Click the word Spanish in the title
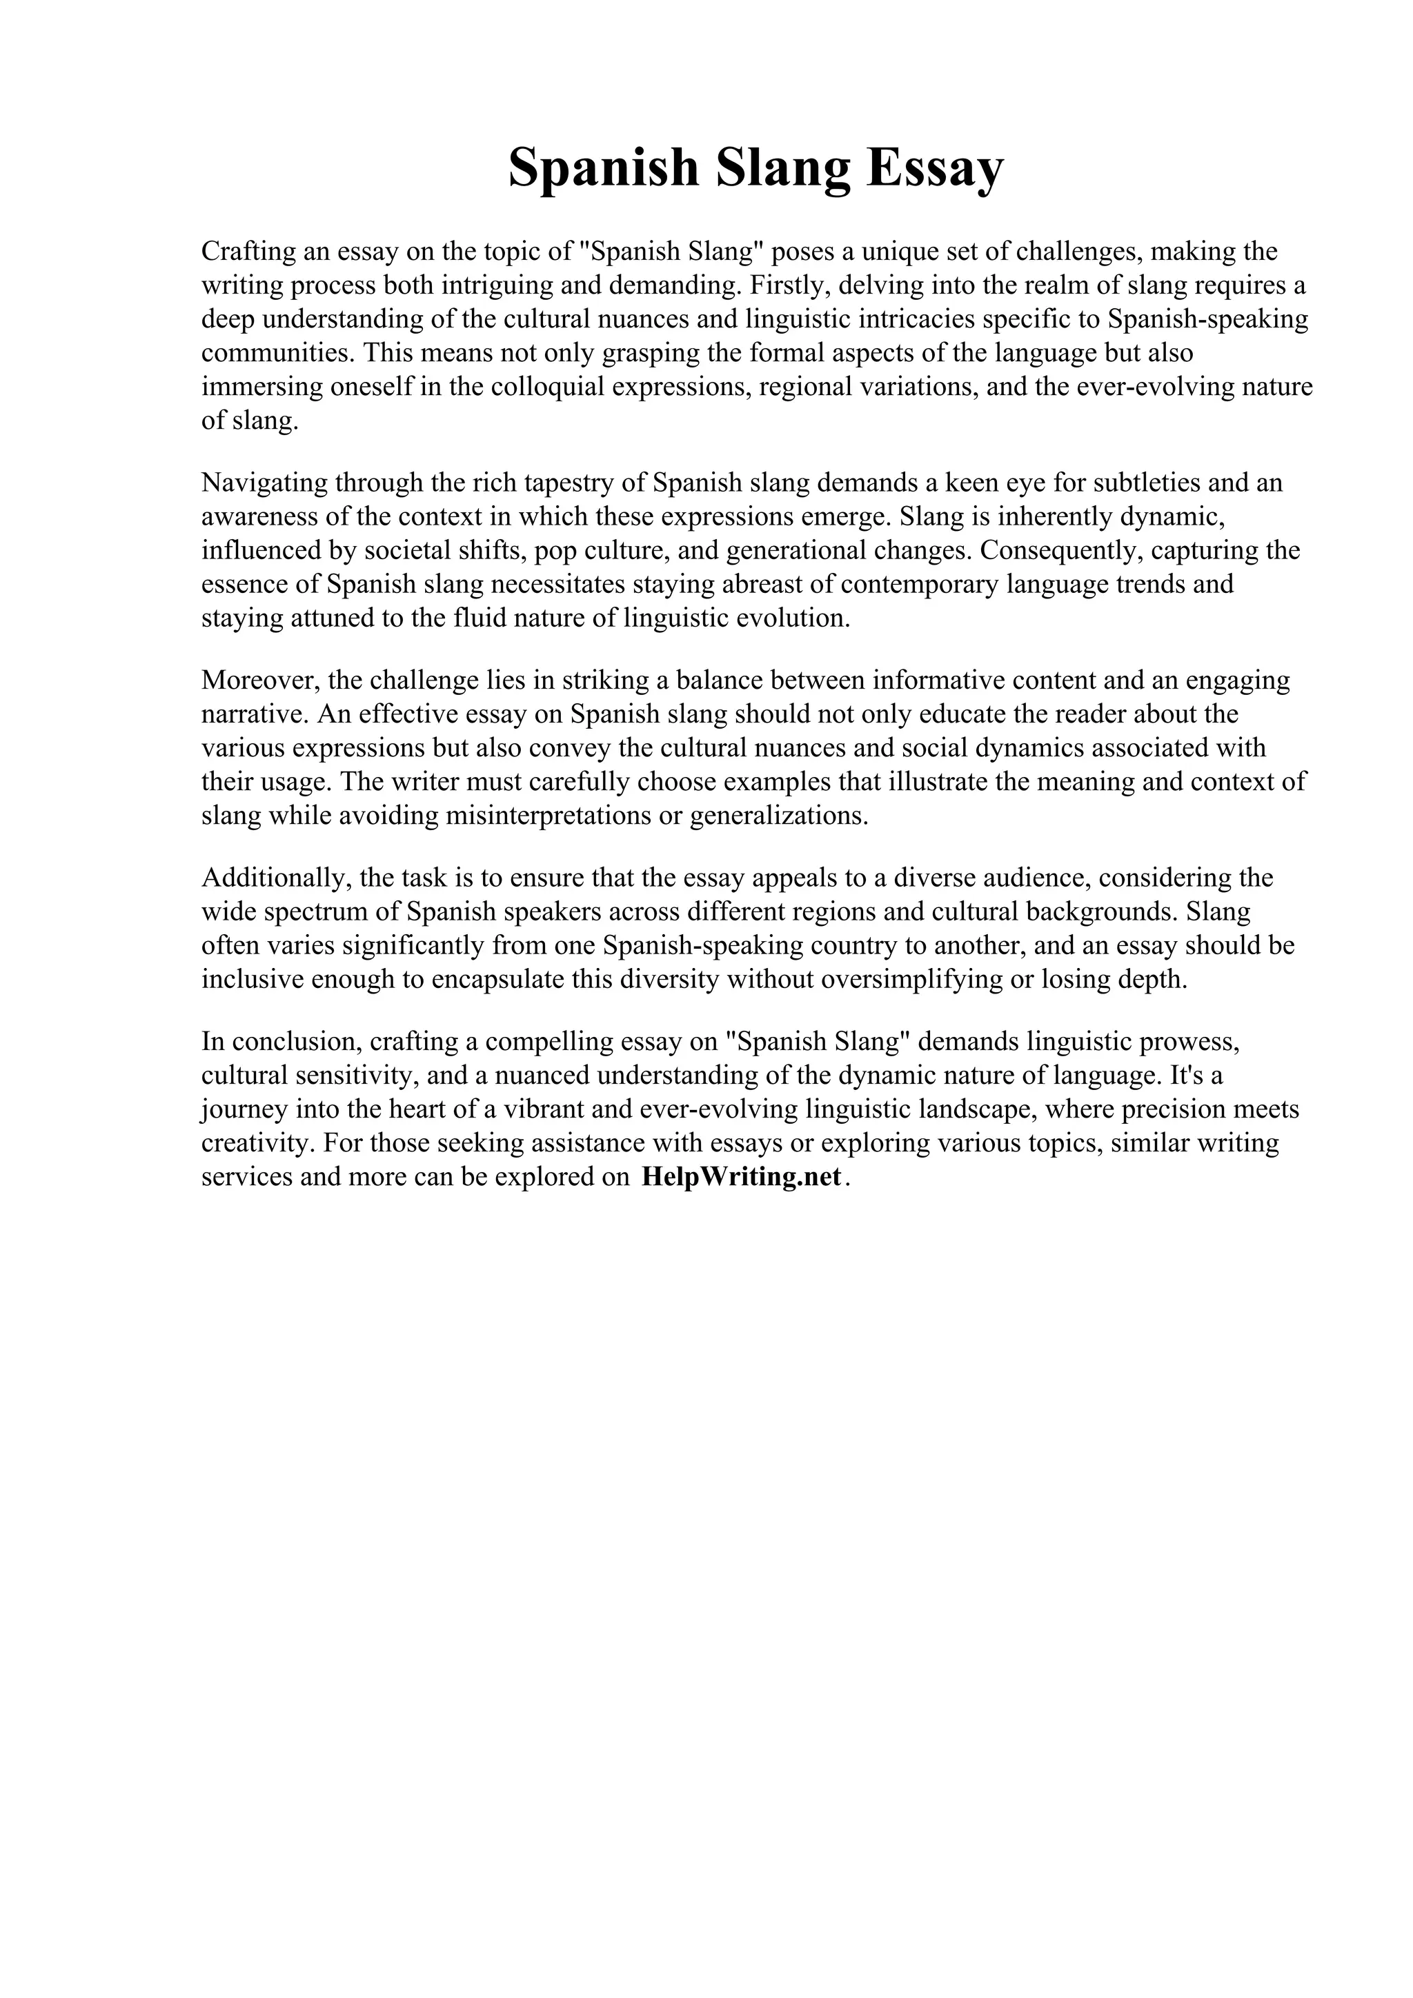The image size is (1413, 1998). click(602, 168)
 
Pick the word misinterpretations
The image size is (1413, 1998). click(562, 816)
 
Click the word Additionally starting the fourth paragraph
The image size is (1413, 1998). click(273, 877)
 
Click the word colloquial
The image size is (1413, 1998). click(548, 387)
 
